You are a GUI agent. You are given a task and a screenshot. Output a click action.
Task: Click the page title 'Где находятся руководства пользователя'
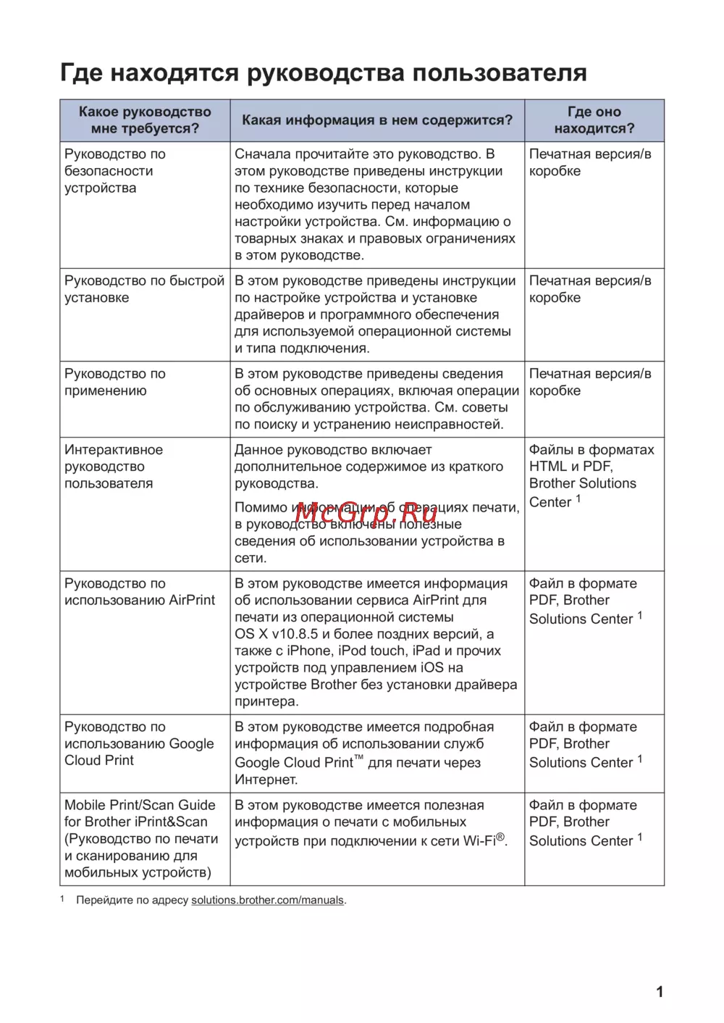click(323, 73)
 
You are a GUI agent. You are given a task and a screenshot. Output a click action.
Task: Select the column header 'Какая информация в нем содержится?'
click(376, 120)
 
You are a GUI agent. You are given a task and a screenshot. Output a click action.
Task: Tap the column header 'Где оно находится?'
click(594, 120)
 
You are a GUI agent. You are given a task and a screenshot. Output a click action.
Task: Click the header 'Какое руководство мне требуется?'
click(145, 120)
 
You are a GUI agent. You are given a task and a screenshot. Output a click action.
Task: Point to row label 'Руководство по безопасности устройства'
click(114, 171)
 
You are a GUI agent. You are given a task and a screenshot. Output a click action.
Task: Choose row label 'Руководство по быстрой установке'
click(144, 289)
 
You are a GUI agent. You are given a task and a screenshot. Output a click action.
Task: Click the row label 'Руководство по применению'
click(114, 382)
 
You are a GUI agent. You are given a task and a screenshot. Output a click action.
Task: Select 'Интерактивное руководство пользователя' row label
click(113, 467)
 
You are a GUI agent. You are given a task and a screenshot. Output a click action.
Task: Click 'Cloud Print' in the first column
click(99, 760)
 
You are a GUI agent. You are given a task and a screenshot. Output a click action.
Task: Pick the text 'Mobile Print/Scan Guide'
click(140, 805)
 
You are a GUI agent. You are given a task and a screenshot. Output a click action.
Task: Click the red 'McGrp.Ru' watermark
click(366, 512)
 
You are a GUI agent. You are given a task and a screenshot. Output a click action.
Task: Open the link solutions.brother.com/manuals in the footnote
click(267, 901)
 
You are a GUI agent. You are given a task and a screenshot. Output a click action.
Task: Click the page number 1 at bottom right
click(660, 992)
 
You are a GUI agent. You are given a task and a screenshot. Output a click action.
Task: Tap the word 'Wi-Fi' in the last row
click(479, 840)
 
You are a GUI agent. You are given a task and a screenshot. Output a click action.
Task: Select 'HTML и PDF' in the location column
click(571, 467)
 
